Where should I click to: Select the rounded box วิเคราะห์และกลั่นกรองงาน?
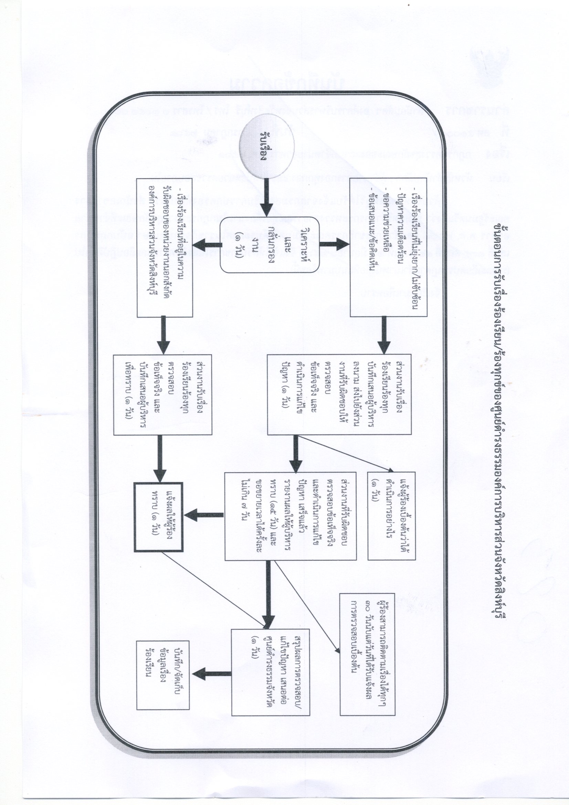coord(269,245)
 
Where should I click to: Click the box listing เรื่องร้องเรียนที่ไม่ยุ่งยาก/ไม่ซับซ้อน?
coord(388,247)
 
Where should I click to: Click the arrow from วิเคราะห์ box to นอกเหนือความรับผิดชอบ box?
coord(207,245)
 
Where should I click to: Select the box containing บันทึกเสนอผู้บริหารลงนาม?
coord(339,394)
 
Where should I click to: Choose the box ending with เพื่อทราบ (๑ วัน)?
coord(163,394)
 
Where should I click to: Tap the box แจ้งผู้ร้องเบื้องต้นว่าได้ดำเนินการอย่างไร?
coord(391,516)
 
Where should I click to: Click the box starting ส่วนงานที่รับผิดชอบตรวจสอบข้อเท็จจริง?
coord(290,516)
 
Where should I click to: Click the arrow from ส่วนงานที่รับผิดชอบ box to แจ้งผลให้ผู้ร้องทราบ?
coord(204,515)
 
